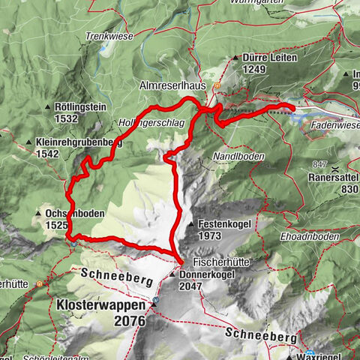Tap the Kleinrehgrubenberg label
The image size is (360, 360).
[x=79, y=141]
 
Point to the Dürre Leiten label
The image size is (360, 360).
[x=266, y=57]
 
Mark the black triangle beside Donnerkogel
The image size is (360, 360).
[x=172, y=275]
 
